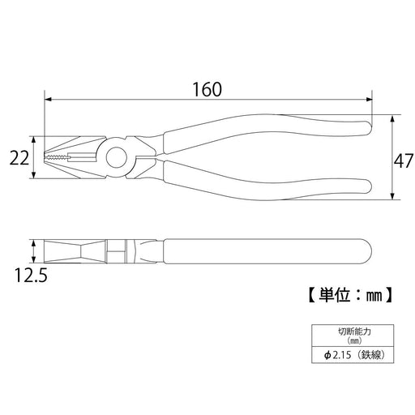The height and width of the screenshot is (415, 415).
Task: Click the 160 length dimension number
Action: point(207,89)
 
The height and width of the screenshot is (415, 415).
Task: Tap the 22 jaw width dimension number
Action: point(19,158)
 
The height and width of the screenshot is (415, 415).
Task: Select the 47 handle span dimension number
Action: point(403,161)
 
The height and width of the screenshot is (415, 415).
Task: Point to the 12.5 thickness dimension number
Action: point(31,275)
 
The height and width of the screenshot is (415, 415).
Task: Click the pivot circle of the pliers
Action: point(117,157)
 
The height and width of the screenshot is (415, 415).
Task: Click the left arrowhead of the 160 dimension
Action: point(48,100)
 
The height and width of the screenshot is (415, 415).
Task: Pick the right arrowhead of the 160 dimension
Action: point(369,100)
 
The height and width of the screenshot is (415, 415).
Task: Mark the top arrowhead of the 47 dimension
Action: point(393,118)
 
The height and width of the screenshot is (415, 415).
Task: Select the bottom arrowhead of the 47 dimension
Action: point(393,196)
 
